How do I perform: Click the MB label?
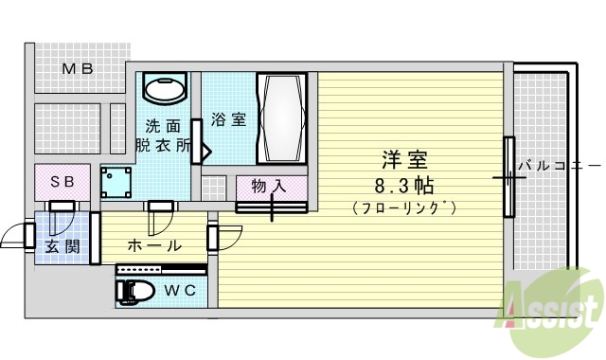[78, 68]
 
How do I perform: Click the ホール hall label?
[154, 245]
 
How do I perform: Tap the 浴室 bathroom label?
[228, 120]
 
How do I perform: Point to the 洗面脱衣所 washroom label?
[163, 135]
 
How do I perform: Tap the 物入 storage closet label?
[269, 186]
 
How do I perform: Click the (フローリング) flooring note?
[403, 207]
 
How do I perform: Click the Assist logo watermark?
[552, 305]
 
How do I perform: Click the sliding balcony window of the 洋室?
[508, 176]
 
